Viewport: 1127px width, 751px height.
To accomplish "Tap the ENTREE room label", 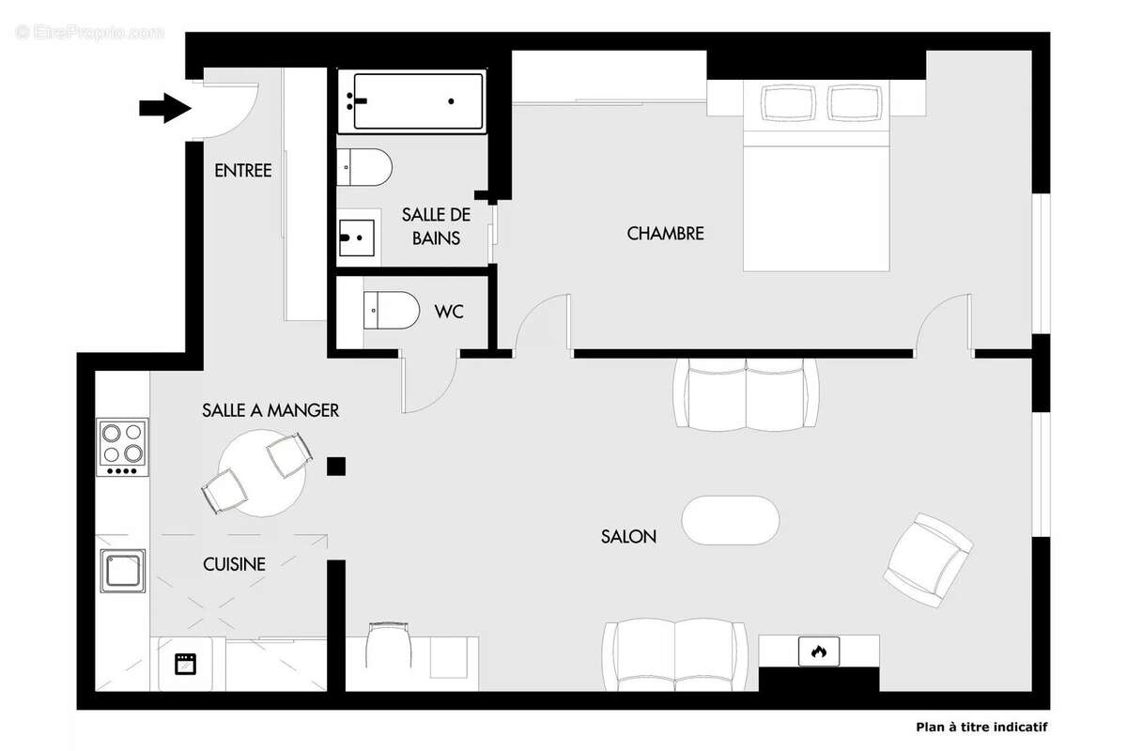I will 243,171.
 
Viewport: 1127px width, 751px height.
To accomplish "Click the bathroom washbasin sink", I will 358,238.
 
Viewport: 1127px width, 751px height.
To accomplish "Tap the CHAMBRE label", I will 665,233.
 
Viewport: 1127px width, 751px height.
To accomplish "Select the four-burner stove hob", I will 123,447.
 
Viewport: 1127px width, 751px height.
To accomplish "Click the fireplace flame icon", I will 819,651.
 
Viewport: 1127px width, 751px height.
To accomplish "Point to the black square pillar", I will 336,466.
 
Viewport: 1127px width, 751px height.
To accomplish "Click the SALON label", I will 628,537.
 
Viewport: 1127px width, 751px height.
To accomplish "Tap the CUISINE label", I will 234,564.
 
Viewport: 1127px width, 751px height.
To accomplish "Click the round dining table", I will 262,472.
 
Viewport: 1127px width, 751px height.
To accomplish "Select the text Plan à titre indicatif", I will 981,727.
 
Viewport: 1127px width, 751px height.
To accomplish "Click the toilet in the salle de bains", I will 365,168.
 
